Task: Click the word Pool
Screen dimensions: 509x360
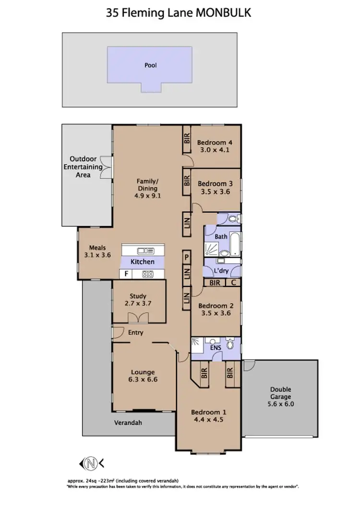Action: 151,65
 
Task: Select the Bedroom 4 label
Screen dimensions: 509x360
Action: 215,142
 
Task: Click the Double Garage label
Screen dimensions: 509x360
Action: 280,390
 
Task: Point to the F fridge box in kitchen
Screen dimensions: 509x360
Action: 126,274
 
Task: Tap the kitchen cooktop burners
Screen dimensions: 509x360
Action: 147,274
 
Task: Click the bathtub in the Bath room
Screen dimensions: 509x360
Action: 235,243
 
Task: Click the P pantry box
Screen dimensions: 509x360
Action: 186,258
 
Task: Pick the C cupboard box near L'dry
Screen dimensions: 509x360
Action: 233,283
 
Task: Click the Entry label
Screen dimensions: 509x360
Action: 136,332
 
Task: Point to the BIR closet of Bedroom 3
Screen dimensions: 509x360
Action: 186,181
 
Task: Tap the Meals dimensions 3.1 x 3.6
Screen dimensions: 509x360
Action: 97,255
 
